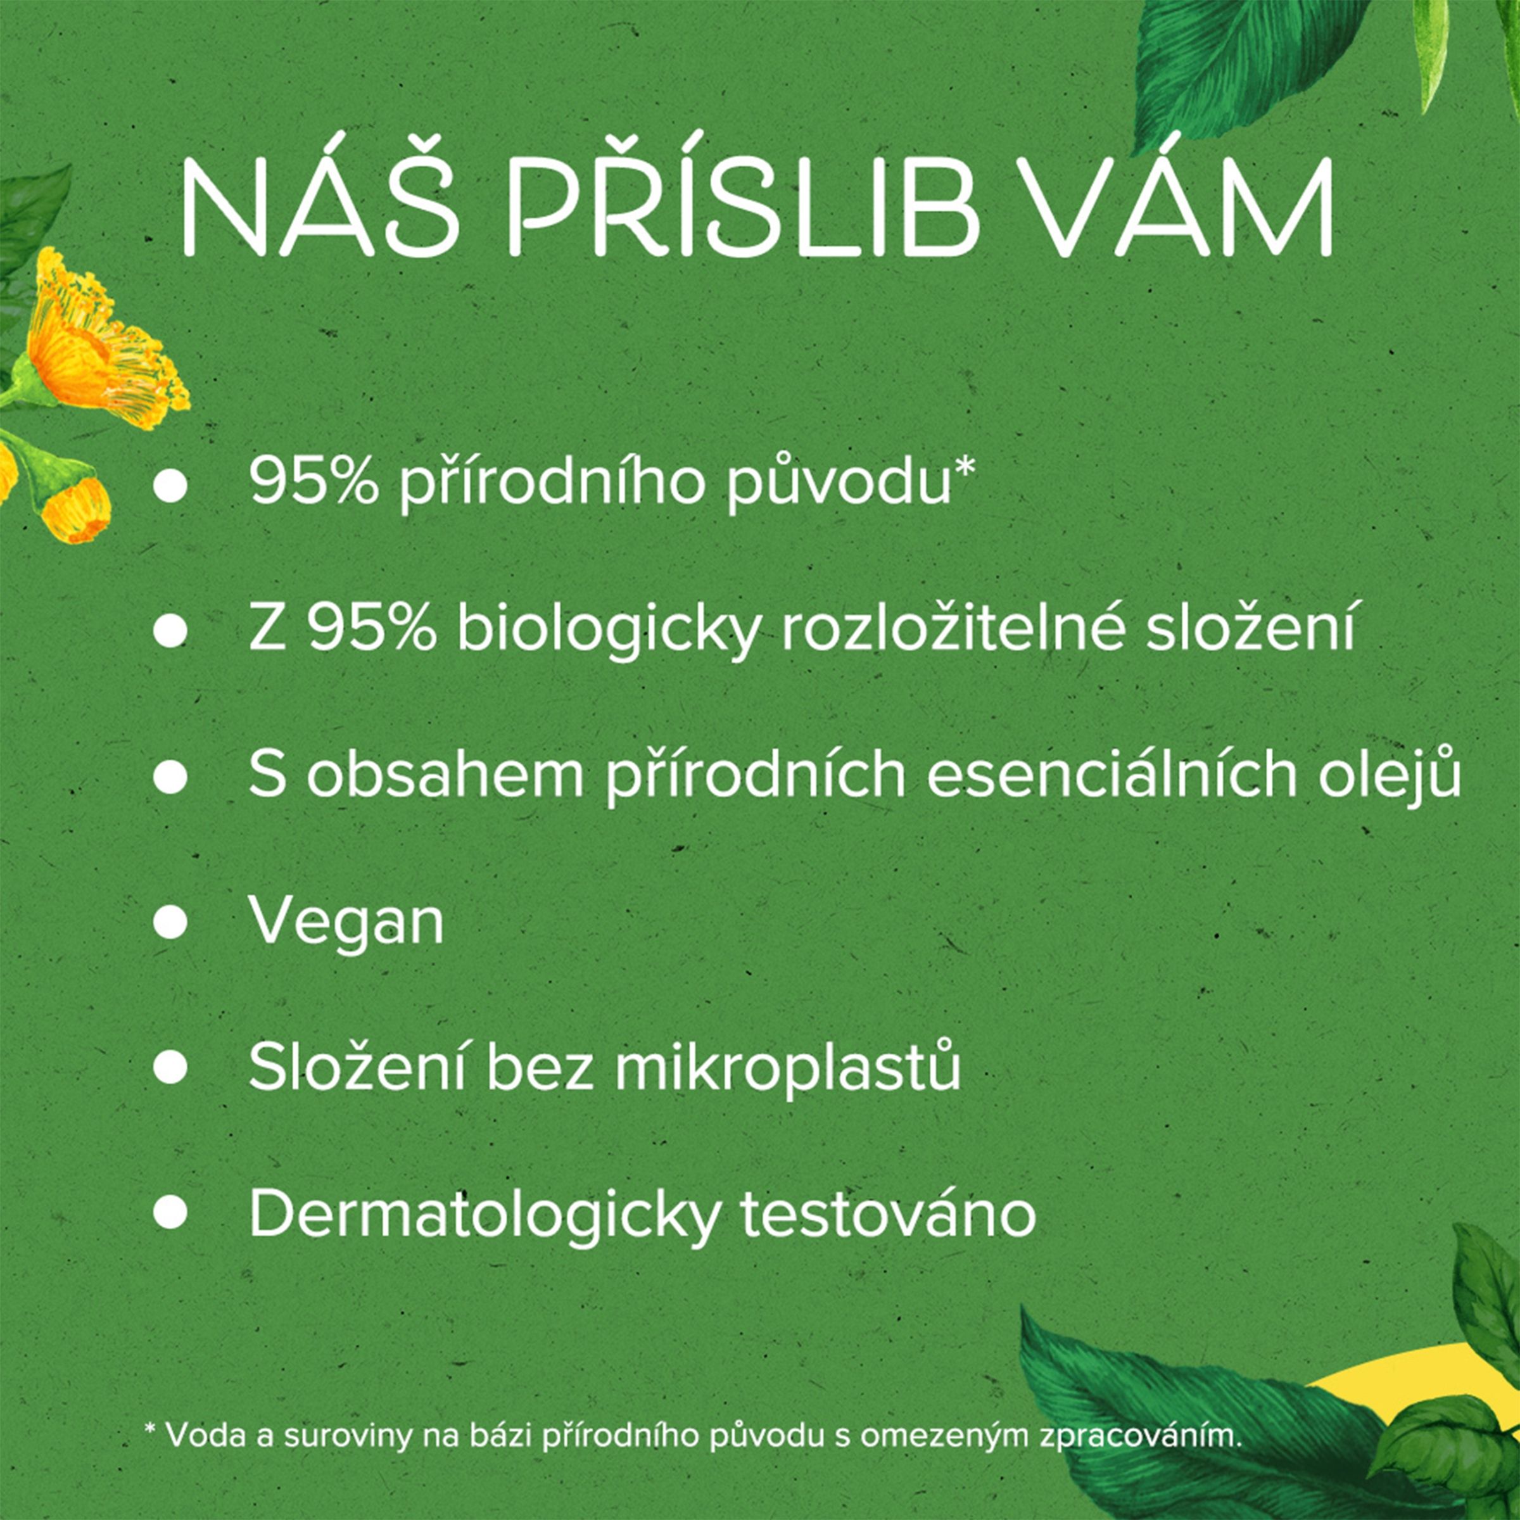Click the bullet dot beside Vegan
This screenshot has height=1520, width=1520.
click(x=170, y=923)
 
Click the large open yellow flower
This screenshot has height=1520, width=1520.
click(x=102, y=338)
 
